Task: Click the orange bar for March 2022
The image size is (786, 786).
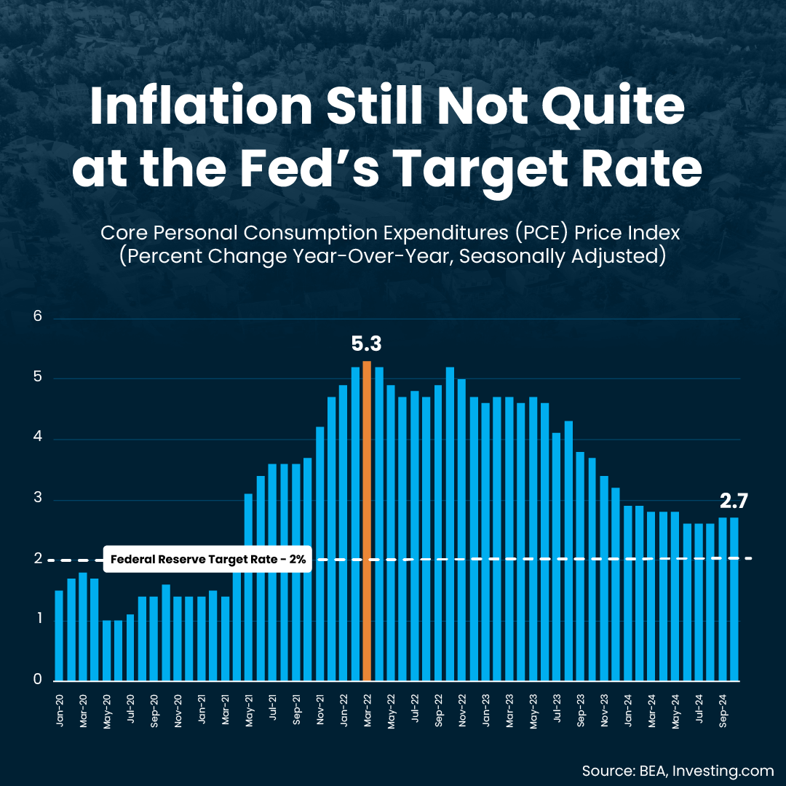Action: point(367,520)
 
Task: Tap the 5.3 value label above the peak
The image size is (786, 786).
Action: point(367,344)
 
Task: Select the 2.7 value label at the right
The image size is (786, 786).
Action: point(734,501)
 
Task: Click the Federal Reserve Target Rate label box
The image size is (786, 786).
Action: point(208,560)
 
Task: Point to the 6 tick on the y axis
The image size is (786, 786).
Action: point(38,318)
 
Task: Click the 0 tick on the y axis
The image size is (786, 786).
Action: point(38,680)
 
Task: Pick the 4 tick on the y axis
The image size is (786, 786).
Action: point(38,439)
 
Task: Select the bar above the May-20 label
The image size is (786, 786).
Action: point(106,651)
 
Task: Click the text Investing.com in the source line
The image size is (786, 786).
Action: point(727,771)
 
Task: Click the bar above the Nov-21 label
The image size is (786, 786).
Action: point(319,554)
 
